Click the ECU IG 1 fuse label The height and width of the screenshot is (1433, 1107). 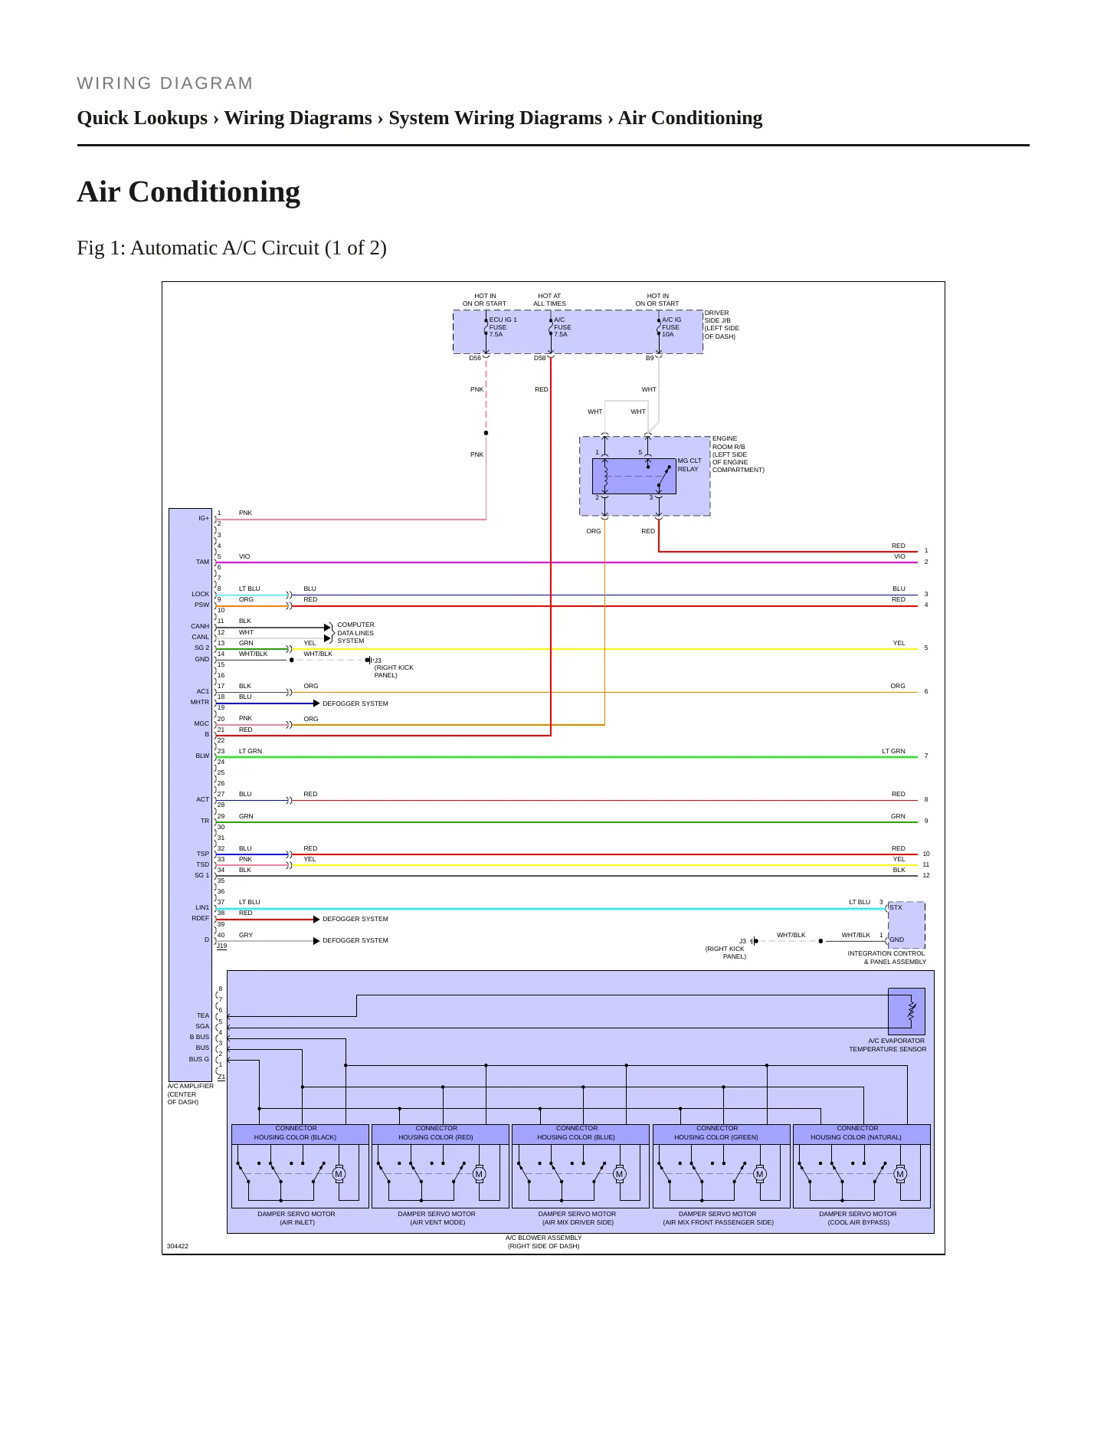pyautogui.click(x=503, y=327)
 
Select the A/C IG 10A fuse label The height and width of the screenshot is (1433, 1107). pyautogui.click(x=672, y=327)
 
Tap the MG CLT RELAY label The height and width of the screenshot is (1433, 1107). pyautogui.click(x=689, y=465)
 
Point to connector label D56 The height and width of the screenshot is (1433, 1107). pyautogui.click(x=475, y=358)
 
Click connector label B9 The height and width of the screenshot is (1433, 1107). pyautogui.click(x=650, y=358)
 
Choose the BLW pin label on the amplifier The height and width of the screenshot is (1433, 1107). pyautogui.click(x=202, y=756)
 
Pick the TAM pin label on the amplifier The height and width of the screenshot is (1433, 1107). pyautogui.click(x=202, y=562)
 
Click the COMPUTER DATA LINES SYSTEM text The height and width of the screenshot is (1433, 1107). pyautogui.click(x=355, y=633)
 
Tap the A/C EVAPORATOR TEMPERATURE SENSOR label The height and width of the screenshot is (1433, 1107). pyautogui.click(x=887, y=1045)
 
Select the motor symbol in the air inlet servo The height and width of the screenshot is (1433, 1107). pyautogui.click(x=339, y=1174)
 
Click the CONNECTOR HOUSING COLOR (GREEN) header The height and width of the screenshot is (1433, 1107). pyautogui.click(x=717, y=1133)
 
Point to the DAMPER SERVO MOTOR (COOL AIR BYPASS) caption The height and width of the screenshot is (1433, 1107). pyautogui.click(x=858, y=1218)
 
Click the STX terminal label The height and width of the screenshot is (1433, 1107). pyautogui.click(x=896, y=907)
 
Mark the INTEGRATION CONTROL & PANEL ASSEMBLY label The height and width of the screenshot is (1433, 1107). pyautogui.click(x=887, y=958)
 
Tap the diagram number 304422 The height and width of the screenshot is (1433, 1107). pyautogui.click(x=178, y=1246)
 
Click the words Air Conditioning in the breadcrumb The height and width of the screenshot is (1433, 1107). pyautogui.click(x=690, y=118)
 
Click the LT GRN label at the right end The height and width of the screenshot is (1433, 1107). pyautogui.click(x=893, y=751)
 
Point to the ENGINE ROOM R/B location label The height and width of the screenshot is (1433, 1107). pyautogui.click(x=738, y=454)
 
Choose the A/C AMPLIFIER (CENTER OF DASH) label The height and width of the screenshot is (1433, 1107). pyautogui.click(x=190, y=1094)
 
